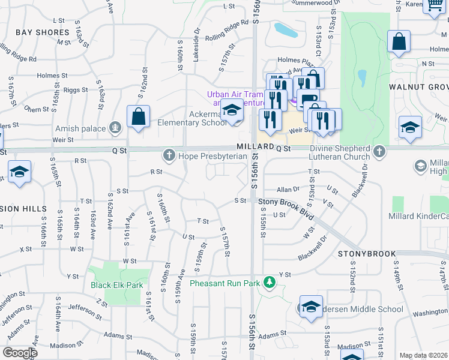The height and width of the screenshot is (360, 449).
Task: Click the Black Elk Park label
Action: pos(116,285)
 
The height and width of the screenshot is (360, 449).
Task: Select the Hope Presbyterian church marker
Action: pos(169,156)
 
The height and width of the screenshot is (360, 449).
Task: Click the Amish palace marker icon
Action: pos(115,128)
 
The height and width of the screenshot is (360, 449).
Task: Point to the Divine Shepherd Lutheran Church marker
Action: pos(379,152)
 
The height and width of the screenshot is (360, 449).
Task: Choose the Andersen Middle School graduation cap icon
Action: pos(311,307)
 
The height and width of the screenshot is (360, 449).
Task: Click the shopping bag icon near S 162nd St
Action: pos(138,118)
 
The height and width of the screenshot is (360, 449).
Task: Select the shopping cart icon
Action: pos(433,6)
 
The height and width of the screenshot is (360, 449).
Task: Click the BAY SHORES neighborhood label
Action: pos(43,32)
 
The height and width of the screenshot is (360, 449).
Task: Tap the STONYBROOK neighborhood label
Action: pos(360,254)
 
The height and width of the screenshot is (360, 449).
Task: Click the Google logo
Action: pos(19,353)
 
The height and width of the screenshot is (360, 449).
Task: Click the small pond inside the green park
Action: pos(361,78)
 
